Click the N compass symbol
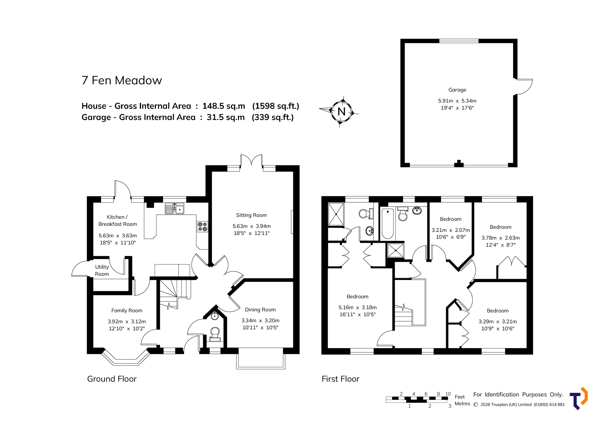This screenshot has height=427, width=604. pos(341,111)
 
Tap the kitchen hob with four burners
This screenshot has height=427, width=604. pos(202,226)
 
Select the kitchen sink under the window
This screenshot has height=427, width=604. pos(175,208)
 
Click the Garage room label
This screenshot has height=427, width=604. pos(457,90)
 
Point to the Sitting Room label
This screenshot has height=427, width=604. pos(251,215)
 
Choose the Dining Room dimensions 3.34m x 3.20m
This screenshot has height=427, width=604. pos(260,320)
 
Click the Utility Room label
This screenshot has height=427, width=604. pos(102,270)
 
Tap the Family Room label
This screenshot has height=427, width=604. pos(127,310)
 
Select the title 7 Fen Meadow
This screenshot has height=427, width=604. pos(122,80)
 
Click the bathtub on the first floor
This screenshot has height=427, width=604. pos(388,223)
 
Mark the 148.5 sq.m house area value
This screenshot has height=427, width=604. pos(223,106)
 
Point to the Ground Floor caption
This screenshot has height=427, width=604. pos(112,379)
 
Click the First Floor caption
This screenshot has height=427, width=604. pos(340,379)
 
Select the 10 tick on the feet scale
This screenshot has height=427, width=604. pos(448,394)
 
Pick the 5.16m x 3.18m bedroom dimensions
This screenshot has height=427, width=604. pos(358,307)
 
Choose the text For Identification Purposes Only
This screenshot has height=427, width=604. pos(518,395)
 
